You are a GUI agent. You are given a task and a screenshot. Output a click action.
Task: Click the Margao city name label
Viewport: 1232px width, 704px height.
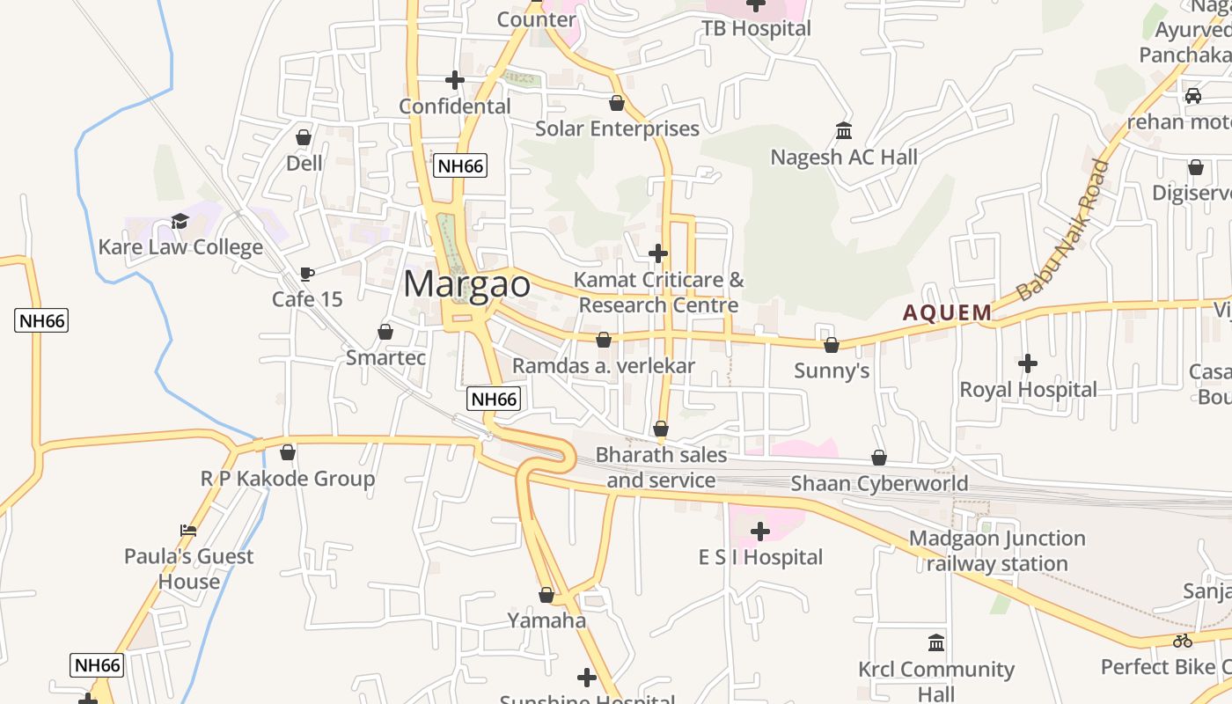click(x=467, y=284)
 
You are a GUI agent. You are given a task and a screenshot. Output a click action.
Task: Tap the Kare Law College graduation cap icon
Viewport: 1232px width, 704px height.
click(x=180, y=221)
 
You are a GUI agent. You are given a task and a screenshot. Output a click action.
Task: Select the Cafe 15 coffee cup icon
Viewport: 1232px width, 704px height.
click(x=306, y=275)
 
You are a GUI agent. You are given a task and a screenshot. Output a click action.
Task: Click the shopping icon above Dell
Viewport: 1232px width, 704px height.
click(x=304, y=137)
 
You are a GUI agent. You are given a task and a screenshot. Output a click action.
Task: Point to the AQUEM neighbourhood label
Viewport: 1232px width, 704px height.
click(x=948, y=312)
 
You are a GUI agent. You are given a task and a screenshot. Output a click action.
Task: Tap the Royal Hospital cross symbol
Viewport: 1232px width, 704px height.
click(x=1027, y=363)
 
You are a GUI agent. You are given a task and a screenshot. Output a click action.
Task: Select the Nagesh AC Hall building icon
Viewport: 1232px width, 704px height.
click(x=844, y=131)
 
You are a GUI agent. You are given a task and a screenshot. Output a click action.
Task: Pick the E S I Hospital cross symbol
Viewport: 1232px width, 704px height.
click(x=760, y=532)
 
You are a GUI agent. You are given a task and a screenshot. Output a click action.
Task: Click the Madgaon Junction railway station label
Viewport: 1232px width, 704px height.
click(x=997, y=551)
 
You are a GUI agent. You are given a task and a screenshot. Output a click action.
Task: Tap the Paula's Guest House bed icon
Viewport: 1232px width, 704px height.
click(x=188, y=530)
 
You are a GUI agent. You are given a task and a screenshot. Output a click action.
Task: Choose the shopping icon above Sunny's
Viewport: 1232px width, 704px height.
click(x=831, y=345)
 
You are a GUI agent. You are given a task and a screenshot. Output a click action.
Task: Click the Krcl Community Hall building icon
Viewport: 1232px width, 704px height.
click(x=936, y=642)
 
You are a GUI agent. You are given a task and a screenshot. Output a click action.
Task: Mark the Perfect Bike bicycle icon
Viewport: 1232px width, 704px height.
click(x=1182, y=641)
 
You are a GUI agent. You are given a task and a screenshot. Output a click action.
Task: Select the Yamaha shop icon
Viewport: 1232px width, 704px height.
click(x=546, y=596)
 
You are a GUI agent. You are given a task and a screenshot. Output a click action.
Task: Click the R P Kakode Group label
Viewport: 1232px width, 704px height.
click(x=288, y=479)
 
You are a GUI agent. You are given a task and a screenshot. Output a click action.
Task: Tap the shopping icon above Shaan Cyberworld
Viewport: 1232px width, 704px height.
click(x=878, y=458)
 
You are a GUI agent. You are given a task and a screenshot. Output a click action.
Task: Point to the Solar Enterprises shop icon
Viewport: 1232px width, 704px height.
click(x=617, y=103)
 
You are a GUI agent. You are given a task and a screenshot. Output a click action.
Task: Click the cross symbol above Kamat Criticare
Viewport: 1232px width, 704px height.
click(x=657, y=253)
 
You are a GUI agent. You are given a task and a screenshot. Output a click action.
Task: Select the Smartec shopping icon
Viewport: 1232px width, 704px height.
click(x=385, y=332)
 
